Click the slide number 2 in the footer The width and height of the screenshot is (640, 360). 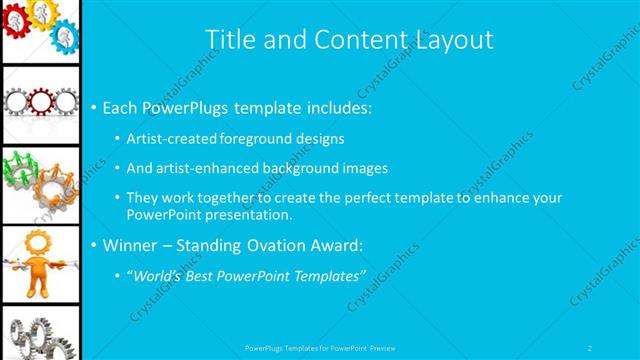point(590,348)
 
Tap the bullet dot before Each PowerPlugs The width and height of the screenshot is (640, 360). point(94,107)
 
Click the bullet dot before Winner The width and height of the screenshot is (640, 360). point(94,245)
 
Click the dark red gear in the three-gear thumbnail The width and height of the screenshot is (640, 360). point(41,101)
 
